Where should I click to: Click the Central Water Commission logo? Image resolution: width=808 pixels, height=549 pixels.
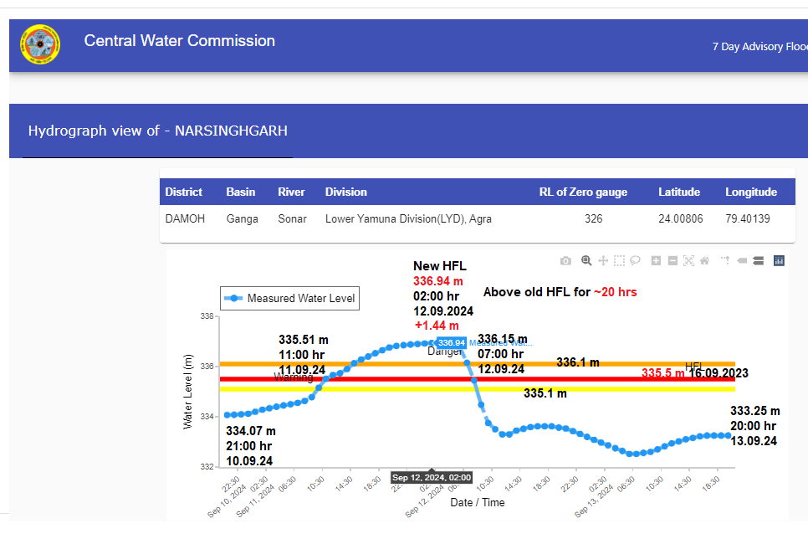tap(40, 45)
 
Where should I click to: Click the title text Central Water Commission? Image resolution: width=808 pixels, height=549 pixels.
tap(179, 41)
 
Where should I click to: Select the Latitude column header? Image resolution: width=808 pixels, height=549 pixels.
tap(678, 192)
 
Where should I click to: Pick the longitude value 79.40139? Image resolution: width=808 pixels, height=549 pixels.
tap(748, 219)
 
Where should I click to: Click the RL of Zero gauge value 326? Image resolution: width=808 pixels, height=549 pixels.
tap(594, 219)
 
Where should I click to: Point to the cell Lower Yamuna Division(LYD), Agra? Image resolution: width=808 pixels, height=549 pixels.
tap(408, 219)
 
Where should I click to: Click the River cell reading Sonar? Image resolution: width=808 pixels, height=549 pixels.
tap(291, 219)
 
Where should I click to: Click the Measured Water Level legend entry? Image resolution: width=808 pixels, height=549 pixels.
tap(290, 298)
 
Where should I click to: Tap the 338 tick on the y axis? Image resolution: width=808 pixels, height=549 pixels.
tap(206, 316)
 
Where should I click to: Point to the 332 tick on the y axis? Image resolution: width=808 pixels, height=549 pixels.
tap(206, 466)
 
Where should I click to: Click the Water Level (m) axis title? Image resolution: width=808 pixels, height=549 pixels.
tap(187, 391)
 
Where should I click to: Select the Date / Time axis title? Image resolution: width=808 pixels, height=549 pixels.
tap(478, 502)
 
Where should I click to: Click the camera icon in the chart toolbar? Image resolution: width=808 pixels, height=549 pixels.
tap(565, 261)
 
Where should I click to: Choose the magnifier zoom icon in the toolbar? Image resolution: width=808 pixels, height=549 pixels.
tap(586, 261)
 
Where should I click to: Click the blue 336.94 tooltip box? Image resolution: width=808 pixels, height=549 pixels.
tap(451, 343)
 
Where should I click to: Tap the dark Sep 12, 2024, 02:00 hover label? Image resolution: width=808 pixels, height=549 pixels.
tap(432, 478)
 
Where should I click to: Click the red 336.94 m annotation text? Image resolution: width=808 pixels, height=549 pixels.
tap(437, 281)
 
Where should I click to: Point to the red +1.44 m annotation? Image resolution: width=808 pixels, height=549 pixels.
tap(436, 326)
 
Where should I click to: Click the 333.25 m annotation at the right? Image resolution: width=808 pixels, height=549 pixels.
tap(754, 411)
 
